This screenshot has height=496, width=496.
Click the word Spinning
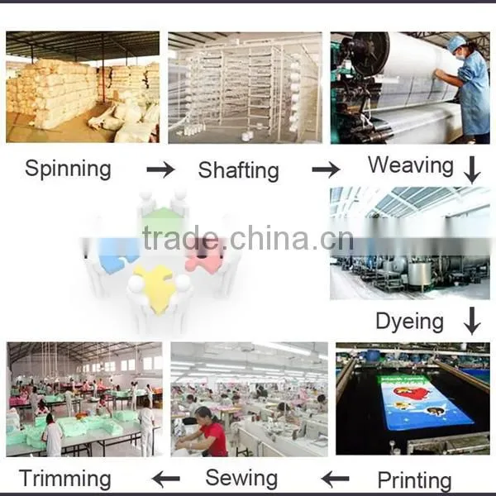coord(68,169)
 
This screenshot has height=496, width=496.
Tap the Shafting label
coord(239,170)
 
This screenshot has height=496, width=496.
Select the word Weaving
coord(411,166)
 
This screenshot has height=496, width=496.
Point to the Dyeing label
coord(410,322)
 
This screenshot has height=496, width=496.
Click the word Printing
coord(414,480)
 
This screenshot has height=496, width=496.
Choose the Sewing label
coord(241,478)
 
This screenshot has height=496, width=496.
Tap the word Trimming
coord(64,479)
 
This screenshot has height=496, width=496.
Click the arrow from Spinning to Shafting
coord(160,169)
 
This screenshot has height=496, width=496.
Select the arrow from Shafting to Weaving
coord(326,169)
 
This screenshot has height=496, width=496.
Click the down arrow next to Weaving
coord(472,169)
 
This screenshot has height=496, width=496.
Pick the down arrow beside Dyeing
coord(472,321)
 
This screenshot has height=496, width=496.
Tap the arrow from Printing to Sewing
coord(336,479)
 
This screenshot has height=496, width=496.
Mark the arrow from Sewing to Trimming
coord(166,479)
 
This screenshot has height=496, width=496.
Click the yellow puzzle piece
coord(155,286)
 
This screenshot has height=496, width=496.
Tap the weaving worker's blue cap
coord(456,44)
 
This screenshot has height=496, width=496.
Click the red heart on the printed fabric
coord(411,393)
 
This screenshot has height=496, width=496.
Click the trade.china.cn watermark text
coord(248,239)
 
